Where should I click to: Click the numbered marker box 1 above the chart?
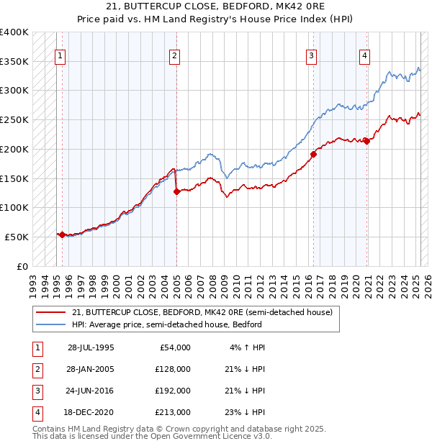tap(60, 55)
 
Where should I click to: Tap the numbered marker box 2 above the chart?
tap(175, 55)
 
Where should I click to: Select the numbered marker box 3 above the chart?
tap(312, 55)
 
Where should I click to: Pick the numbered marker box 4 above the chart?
tap(365, 55)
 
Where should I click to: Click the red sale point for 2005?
tap(176, 191)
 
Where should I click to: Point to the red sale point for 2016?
tap(314, 154)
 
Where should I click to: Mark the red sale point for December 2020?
tap(366, 141)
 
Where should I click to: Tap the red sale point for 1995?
tap(62, 235)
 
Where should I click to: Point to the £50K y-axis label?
tap(17, 237)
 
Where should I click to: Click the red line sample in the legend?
tap(51, 313)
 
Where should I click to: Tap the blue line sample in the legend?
tap(51, 324)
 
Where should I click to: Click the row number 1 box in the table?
tap(37, 348)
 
